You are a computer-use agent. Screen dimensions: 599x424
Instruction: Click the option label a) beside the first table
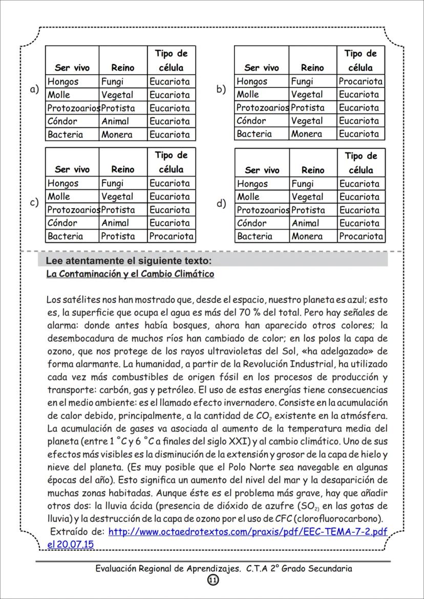click(x=34, y=89)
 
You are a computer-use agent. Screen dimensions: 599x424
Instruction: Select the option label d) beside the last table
click(x=221, y=203)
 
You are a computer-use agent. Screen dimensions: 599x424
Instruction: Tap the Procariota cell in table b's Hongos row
click(x=361, y=81)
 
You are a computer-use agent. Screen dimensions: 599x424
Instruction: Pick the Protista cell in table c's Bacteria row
click(x=118, y=236)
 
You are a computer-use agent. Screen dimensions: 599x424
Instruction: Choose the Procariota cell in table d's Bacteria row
click(x=361, y=236)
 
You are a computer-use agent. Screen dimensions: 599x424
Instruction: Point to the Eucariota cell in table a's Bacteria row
click(x=169, y=135)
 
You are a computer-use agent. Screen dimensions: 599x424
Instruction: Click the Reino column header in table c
click(x=122, y=169)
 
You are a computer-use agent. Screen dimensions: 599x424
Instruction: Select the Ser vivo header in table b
click(x=262, y=68)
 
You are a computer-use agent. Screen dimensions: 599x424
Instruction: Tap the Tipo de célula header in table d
click(x=361, y=163)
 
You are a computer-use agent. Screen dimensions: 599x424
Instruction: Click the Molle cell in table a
click(x=58, y=95)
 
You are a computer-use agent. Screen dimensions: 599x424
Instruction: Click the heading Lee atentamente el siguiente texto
click(x=129, y=261)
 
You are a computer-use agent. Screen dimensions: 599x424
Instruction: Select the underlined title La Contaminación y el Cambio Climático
click(x=130, y=274)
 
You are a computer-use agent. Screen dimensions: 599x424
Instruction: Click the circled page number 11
click(x=213, y=580)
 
